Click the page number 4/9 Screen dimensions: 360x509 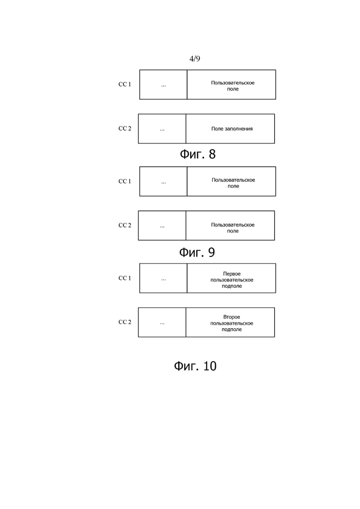pyautogui.click(x=195, y=59)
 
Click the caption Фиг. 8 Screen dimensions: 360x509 pyautogui.click(x=198, y=154)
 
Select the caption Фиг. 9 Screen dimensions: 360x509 pyautogui.click(x=197, y=252)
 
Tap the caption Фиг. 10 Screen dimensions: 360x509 pyautogui.click(x=195, y=366)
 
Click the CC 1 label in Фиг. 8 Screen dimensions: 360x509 pyautogui.click(x=125, y=84)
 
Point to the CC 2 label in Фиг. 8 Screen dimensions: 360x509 pyautogui.click(x=125, y=129)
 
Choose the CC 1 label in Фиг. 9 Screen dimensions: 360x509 pyautogui.click(x=125, y=181)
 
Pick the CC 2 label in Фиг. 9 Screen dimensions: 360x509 pyautogui.click(x=125, y=225)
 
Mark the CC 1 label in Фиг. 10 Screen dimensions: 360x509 pyautogui.click(x=125, y=278)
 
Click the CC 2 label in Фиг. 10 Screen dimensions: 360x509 pyautogui.click(x=125, y=322)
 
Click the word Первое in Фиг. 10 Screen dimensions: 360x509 pyautogui.click(x=232, y=274)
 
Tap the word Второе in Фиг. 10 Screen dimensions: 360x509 pyautogui.click(x=232, y=317)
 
